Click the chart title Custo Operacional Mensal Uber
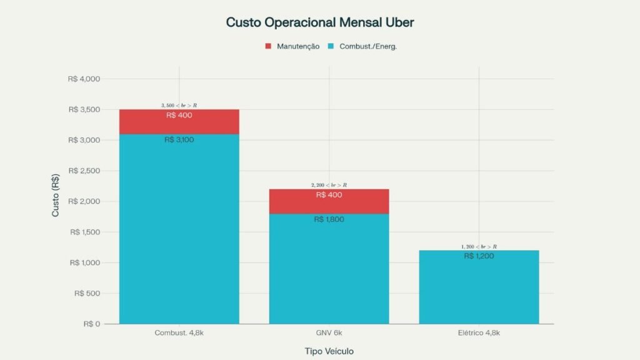[319, 22]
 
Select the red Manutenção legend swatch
[268, 46]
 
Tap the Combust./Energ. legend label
[368, 46]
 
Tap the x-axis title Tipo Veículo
[329, 351]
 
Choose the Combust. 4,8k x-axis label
[179, 333]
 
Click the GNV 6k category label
[329, 333]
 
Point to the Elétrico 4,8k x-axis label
[479, 333]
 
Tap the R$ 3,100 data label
[179, 140]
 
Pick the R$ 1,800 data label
[329, 219]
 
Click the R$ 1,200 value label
[479, 256]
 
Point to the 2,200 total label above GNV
[329, 185]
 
